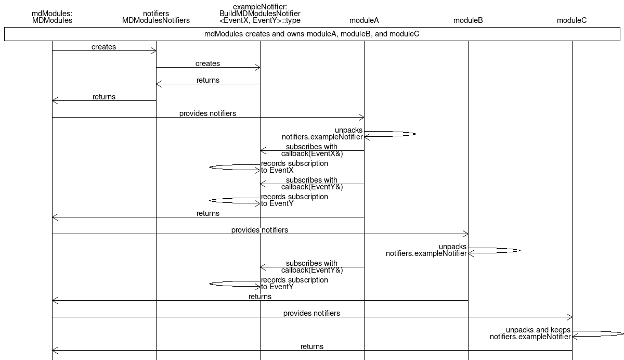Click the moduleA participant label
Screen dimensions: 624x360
coord(364,20)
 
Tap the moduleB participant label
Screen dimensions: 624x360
coord(468,20)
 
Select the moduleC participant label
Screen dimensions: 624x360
coord(571,20)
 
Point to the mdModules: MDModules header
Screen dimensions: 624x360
coord(52,17)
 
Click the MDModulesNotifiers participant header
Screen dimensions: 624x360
coord(156,17)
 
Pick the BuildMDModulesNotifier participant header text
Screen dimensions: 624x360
coord(260,14)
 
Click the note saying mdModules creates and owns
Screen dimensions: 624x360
coord(312,34)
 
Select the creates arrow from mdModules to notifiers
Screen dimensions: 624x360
coord(104,50)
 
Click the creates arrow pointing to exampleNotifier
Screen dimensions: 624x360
coord(208,68)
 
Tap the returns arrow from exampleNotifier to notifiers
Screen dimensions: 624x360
coord(208,84)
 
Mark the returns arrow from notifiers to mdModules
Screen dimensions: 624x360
coord(104,100)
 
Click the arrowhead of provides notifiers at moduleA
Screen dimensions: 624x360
coord(361,117)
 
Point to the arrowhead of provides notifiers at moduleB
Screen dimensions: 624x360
coord(465,234)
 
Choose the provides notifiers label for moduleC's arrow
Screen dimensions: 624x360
coord(311,313)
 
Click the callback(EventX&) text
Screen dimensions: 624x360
coord(312,154)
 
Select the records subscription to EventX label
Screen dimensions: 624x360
coord(294,167)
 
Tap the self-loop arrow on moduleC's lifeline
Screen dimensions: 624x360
coord(598,334)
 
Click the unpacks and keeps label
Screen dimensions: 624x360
coord(538,330)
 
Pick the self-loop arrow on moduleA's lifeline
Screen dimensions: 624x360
coord(391,134)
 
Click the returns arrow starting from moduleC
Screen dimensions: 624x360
coord(312,350)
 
